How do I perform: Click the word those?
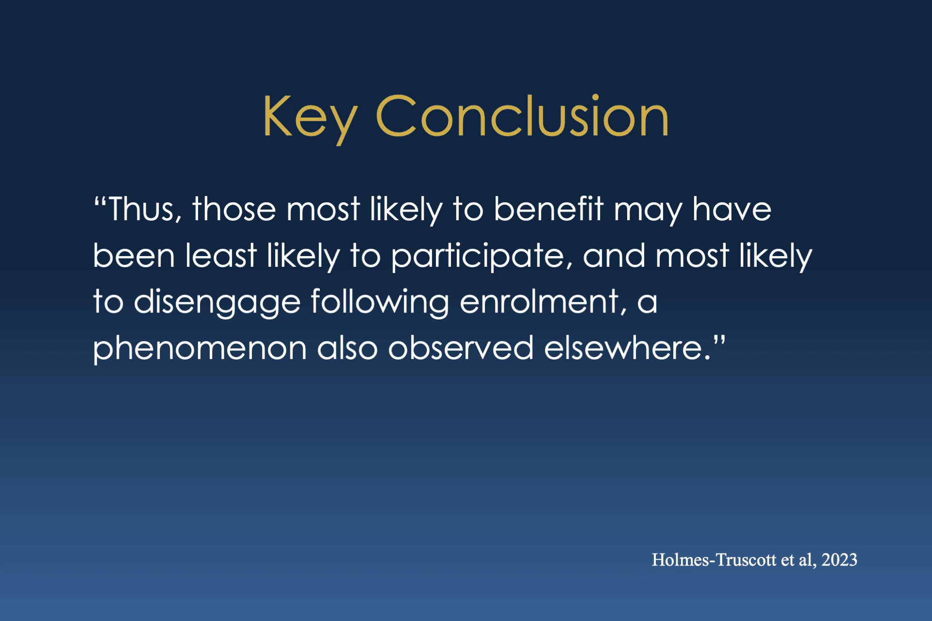[234, 210]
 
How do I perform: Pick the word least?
[221, 256]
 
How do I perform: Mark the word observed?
[461, 348]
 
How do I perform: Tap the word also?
[347, 348]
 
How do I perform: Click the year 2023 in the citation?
[839, 560]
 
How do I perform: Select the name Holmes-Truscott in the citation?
[714, 560]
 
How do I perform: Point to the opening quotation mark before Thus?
[100, 201]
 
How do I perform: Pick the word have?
[732, 209]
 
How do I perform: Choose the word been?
[134, 256]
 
